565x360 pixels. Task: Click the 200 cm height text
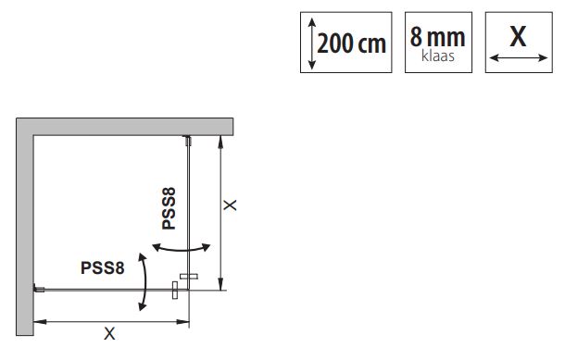pyautogui.click(x=351, y=43)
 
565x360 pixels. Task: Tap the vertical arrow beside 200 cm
pyautogui.click(x=312, y=43)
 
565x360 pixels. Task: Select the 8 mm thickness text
pyautogui.click(x=437, y=37)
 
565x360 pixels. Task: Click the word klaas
pyautogui.click(x=438, y=56)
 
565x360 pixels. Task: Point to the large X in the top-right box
pyautogui.click(x=518, y=36)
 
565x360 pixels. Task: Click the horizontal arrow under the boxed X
pyautogui.click(x=519, y=57)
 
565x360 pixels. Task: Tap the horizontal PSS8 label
pyautogui.click(x=102, y=268)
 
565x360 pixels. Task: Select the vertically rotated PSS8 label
pyautogui.click(x=169, y=208)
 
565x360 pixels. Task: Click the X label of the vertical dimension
pyautogui.click(x=230, y=205)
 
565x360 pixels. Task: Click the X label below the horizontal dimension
pyautogui.click(x=109, y=334)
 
